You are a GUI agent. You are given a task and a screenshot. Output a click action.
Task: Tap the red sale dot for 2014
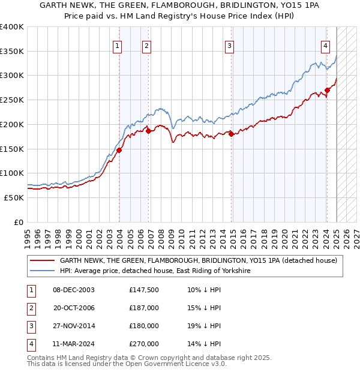231,134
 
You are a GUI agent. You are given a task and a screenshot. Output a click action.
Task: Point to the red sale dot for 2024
327,91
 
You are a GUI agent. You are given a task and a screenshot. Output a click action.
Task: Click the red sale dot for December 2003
119,150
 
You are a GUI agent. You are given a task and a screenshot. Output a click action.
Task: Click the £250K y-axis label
12,100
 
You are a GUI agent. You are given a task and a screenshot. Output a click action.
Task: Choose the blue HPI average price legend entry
154,271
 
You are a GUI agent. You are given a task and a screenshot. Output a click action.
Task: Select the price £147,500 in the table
144,290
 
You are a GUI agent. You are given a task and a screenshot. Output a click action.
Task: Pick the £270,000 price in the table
144,344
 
